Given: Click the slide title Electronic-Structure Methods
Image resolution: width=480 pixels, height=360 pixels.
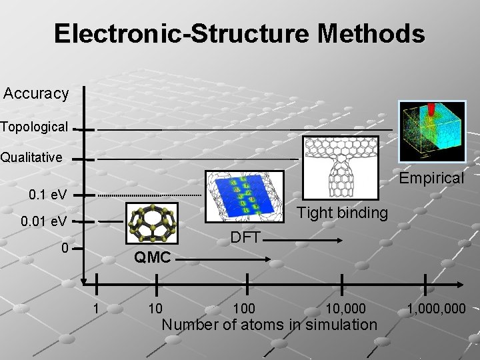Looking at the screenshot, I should [239, 33].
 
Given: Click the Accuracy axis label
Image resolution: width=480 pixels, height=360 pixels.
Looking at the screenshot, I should [36, 93].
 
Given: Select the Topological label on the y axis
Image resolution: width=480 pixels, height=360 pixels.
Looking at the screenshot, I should [33, 126].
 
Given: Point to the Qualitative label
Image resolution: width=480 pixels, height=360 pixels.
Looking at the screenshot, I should [31, 158].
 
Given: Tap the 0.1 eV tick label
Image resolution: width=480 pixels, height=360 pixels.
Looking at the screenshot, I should [47, 195].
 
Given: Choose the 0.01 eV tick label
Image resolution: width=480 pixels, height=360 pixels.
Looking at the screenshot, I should [43, 220].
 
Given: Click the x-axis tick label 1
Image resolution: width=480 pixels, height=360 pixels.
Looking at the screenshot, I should [97, 309].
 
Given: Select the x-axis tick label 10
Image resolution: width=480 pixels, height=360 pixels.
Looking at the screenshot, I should [155, 309].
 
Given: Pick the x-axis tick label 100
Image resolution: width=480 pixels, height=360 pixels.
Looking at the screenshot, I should [245, 309].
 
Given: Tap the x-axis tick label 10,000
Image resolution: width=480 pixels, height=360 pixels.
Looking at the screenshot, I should [345, 309].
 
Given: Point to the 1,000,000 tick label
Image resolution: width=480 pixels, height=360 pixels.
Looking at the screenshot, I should [437, 309].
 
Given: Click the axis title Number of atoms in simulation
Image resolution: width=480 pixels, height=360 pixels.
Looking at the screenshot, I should [269, 325].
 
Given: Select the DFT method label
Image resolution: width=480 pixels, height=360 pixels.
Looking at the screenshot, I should [245, 237].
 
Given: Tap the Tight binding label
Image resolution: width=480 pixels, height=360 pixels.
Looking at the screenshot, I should [342, 213].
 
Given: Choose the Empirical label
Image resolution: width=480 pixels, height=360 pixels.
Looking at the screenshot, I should [431, 178].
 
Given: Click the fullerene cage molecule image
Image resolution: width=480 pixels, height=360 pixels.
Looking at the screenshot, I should [153, 225].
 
